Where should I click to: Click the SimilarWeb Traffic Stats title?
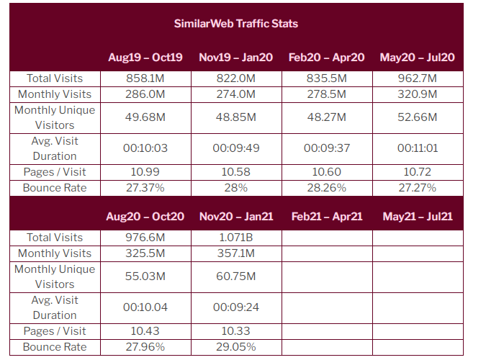coord(235,23)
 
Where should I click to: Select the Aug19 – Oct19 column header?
coord(145,57)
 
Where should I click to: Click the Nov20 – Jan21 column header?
coord(236,216)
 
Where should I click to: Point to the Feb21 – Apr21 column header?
coord(326,216)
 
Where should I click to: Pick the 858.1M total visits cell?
coord(145,78)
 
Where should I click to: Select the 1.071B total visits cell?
coord(236,238)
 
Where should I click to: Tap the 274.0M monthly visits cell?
coord(236,94)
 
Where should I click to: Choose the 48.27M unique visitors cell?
coord(326,117)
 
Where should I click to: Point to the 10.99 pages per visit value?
coord(145,172)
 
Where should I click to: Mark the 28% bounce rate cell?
coord(236,188)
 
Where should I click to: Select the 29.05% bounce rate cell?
coord(236,347)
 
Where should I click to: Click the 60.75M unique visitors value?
coord(236,276)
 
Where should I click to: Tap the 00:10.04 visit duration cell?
coord(145,307)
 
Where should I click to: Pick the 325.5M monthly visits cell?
coord(145,253)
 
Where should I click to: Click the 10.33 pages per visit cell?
coord(236,331)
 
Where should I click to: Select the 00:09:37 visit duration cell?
coord(326,148)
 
